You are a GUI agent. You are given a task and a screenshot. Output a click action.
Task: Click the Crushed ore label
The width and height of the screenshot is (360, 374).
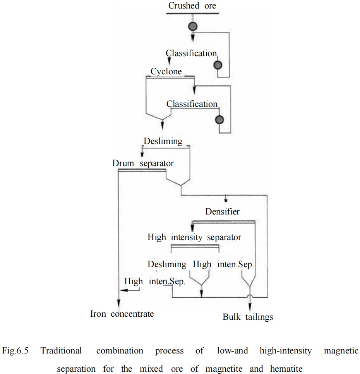[x=192, y=6]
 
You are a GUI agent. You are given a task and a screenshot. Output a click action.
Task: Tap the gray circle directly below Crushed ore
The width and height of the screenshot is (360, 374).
[x=192, y=27]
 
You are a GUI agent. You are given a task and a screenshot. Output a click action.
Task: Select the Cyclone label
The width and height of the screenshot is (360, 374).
[x=166, y=72]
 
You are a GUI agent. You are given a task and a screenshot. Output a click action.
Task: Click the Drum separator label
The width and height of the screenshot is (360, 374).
[x=143, y=163]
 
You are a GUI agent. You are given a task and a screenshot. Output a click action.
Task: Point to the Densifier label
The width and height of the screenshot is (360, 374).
[x=222, y=211]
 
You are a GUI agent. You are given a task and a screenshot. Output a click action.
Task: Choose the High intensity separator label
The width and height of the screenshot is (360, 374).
[x=194, y=237]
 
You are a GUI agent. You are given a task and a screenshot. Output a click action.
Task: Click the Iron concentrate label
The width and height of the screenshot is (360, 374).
[x=122, y=314]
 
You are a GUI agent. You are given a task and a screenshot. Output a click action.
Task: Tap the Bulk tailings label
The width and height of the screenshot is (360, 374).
[x=248, y=317]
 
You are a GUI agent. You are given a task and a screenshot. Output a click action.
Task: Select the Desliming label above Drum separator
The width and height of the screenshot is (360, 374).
[x=163, y=141]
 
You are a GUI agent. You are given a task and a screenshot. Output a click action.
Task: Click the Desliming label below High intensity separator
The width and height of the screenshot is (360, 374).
[x=167, y=264]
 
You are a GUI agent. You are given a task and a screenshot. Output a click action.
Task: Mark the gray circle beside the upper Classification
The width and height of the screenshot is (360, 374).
[x=219, y=65]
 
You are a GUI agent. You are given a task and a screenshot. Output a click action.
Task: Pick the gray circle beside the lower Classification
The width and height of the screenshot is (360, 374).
[x=220, y=120]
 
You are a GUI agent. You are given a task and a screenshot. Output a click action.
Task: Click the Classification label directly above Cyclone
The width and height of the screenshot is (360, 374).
[x=191, y=53]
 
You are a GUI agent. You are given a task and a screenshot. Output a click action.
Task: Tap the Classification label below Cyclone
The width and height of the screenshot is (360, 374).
[x=192, y=104]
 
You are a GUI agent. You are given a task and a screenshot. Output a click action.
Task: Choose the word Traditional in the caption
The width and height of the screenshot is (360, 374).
[x=61, y=351]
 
